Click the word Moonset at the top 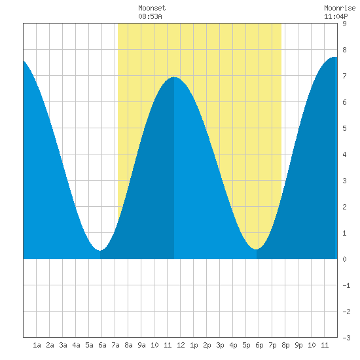click(152, 8)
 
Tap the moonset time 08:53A click(150, 16)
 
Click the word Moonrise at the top click(340, 8)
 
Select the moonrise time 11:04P click(336, 16)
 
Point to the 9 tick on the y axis click(344, 24)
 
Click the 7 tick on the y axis click(344, 76)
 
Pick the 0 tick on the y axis click(344, 259)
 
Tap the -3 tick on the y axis click(346, 338)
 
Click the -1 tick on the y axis click(346, 285)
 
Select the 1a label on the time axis click(37, 345)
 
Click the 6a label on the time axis click(102, 345)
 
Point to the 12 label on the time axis click(181, 345)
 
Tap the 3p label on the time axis click(220, 345)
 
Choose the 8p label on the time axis click(285, 345)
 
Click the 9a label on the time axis click(141, 345)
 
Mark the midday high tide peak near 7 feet click(174, 77)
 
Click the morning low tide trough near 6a click(100, 250)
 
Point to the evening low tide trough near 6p click(256, 249)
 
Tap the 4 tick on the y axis click(344, 154)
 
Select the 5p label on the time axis click(246, 345)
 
